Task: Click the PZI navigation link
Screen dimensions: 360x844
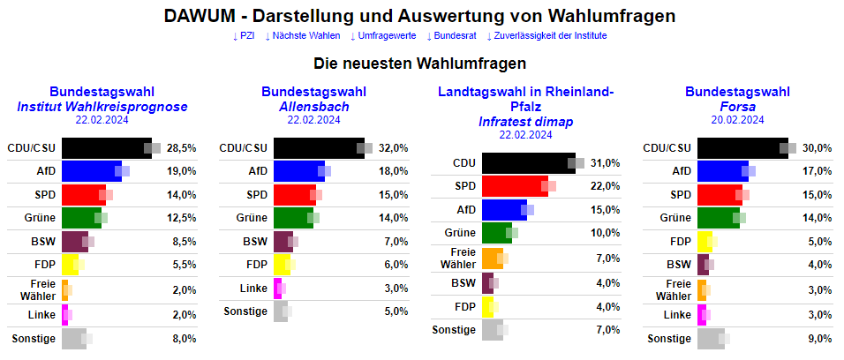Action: tap(244, 35)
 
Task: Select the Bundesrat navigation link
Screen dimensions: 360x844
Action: tap(451, 35)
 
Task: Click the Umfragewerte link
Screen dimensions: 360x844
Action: tap(383, 35)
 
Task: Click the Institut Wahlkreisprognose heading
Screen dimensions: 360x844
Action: tap(102, 107)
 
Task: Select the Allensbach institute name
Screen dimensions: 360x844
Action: tap(313, 107)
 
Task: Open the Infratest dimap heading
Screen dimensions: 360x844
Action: tap(525, 122)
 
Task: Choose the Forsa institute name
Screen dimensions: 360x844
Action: tap(737, 107)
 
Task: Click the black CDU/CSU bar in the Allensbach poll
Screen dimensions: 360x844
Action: tap(318, 148)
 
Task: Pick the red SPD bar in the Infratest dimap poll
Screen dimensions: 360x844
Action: tap(514, 185)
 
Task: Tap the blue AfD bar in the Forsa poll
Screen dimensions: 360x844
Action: tap(721, 171)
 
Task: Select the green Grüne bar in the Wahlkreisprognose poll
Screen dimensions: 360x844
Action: tap(81, 217)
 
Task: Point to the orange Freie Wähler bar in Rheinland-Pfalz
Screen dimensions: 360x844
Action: tap(491, 258)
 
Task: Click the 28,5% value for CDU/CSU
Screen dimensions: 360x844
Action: tap(181, 148)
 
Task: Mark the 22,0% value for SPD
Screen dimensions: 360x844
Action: tap(605, 185)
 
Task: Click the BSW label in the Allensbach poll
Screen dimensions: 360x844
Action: tap(255, 241)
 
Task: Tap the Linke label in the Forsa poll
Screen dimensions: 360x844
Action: tap(676, 314)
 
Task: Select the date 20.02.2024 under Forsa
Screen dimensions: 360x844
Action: tap(737, 120)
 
